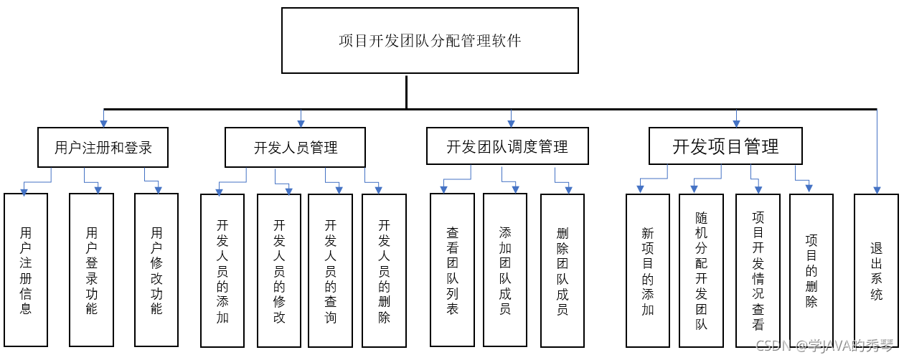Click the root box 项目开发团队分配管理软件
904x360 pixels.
coord(430,40)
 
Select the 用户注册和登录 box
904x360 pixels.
coord(103,147)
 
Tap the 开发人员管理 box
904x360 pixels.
coord(295,147)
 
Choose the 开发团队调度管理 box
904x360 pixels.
coord(507,146)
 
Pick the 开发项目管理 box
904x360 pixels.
coord(725,146)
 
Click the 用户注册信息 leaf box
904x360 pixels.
coord(26,270)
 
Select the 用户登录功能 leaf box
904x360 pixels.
coord(91,270)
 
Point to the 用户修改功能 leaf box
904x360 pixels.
coord(156,270)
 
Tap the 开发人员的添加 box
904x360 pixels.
coord(222,270)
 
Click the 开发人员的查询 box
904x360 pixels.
coord(330,270)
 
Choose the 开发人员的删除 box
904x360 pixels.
coord(384,270)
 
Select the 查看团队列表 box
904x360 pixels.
coord(452,270)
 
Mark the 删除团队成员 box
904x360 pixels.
coord(562,270)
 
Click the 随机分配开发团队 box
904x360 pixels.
coord(701,270)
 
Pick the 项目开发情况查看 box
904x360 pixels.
coord(758,270)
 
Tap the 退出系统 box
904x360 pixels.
coord(876,270)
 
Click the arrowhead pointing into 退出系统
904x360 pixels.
coord(877,191)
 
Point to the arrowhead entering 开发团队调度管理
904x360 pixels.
coord(511,124)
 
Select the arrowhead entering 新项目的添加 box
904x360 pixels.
coord(640,189)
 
